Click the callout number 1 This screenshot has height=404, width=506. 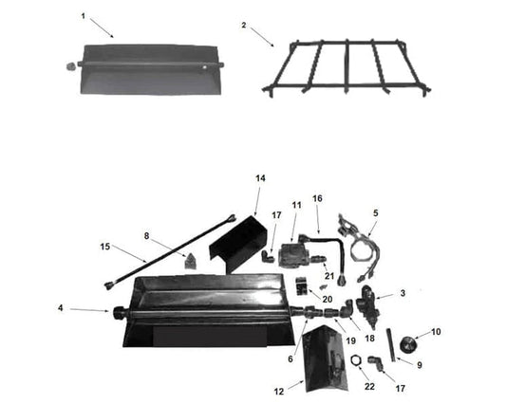(x=84, y=16)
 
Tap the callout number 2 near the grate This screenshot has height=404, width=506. (x=244, y=25)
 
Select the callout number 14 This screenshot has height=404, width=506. (x=260, y=178)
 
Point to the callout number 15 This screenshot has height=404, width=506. (x=105, y=247)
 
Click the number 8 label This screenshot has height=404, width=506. (x=146, y=236)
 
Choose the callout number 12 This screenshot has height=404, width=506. (x=279, y=392)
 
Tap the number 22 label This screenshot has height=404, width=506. (x=369, y=386)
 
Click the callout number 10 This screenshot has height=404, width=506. (x=436, y=332)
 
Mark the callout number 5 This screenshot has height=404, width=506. (x=376, y=213)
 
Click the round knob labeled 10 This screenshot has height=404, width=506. (x=408, y=344)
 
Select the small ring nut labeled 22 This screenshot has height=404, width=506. (x=355, y=359)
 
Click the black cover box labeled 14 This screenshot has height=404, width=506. (x=239, y=245)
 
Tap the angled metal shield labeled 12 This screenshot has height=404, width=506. (x=325, y=359)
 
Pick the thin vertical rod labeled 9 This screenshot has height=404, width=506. (x=390, y=344)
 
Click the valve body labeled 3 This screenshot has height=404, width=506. (x=368, y=306)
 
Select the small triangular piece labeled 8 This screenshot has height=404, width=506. (x=191, y=261)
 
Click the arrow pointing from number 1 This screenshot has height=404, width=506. (x=102, y=28)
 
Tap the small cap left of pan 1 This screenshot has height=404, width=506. (x=70, y=66)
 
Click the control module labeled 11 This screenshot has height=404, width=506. (x=292, y=255)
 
